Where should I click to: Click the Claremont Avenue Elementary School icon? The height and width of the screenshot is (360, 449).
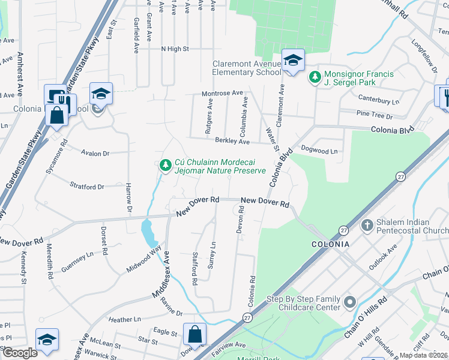(292, 61)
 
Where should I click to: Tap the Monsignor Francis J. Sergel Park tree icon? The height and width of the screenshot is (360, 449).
(314, 77)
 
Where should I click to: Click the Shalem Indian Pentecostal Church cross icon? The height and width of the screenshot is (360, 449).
(367, 226)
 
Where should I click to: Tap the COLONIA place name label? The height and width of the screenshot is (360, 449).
(330, 245)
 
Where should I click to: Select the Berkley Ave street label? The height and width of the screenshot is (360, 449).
(232, 142)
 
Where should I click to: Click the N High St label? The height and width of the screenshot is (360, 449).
(174, 49)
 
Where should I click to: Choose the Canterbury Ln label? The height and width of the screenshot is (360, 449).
(378, 101)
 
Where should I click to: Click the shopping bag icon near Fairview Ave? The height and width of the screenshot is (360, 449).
(194, 334)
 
